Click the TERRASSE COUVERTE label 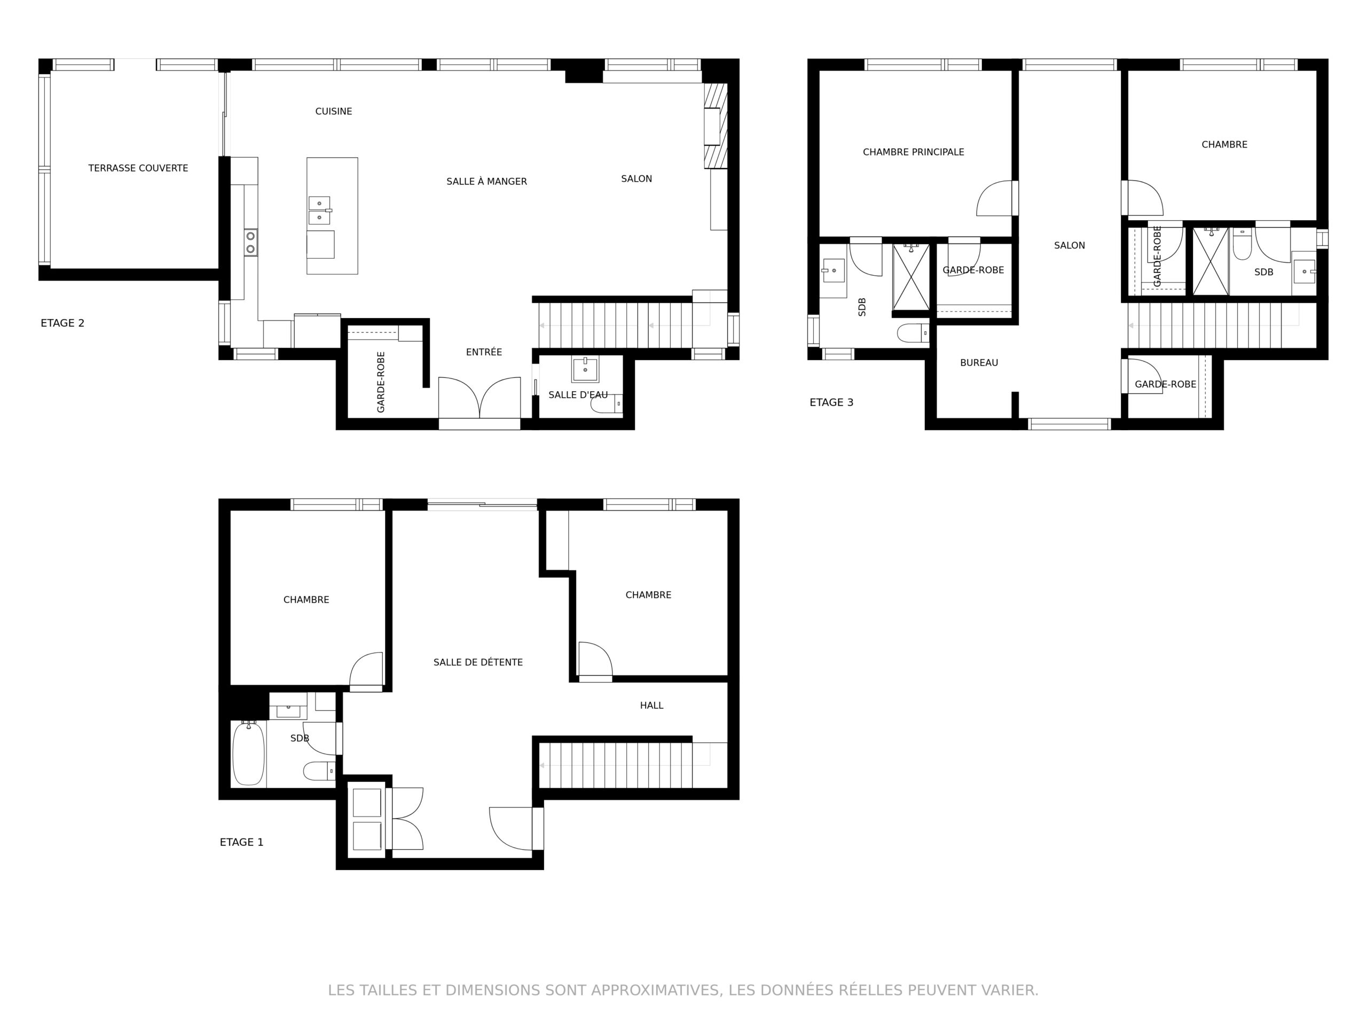[x=138, y=168]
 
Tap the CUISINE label [x=334, y=111]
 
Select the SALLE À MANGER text [x=486, y=181]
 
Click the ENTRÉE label [x=484, y=352]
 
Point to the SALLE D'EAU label [x=578, y=394]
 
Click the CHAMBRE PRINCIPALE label [x=914, y=152]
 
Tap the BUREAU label [x=979, y=363]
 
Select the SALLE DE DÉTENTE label [x=478, y=662]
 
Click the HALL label [x=651, y=705]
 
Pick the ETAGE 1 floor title [x=242, y=842]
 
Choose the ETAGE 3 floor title [x=831, y=402]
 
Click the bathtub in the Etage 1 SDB [x=248, y=753]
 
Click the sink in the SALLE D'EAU [x=585, y=369]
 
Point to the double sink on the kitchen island [x=319, y=210]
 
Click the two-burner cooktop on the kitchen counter [x=251, y=243]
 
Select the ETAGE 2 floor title [x=62, y=323]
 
